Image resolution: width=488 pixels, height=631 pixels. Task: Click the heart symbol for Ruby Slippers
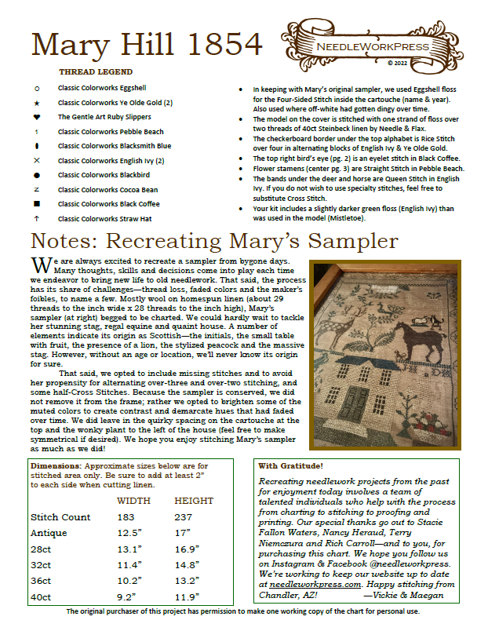pyautogui.click(x=37, y=117)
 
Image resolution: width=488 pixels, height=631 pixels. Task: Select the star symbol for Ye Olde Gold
pyautogui.click(x=37, y=103)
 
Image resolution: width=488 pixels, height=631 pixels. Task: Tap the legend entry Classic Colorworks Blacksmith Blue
pyautogui.click(x=115, y=146)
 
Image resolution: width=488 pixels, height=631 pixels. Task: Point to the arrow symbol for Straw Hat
pyautogui.click(x=37, y=218)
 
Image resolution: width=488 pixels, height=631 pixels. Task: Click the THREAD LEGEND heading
pyautogui.click(x=97, y=71)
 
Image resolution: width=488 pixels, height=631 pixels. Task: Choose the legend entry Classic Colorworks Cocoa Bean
pyautogui.click(x=107, y=189)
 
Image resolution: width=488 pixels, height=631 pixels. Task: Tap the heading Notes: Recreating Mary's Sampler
pyautogui.click(x=213, y=239)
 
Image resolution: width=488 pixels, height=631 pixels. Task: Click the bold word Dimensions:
pyautogui.click(x=59, y=466)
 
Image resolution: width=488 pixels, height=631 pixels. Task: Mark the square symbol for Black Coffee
pyautogui.click(x=37, y=204)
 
